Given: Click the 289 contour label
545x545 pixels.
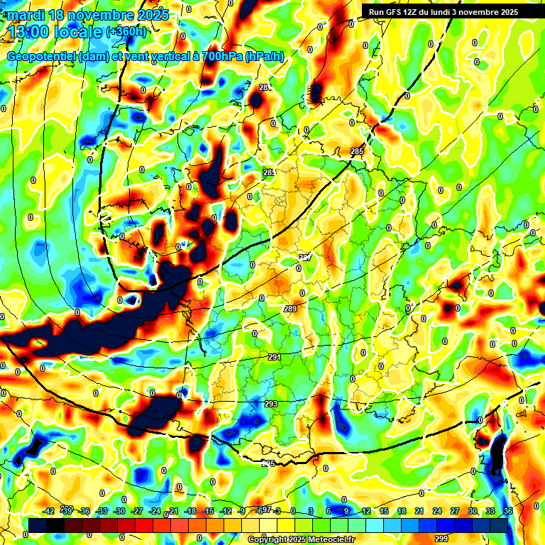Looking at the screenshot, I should point(290,309).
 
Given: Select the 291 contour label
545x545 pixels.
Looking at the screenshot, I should point(275,357).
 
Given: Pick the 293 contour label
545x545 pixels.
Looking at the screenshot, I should point(271,404).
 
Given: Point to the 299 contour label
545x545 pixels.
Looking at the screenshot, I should point(441,539).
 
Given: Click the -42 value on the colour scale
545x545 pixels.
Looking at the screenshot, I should point(49,511).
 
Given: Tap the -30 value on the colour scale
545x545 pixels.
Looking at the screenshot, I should point(119,511).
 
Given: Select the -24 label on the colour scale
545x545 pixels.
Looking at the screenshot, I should point(155,511).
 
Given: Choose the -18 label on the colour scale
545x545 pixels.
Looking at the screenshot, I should point(189,511).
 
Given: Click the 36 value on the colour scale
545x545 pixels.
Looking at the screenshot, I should point(507,511).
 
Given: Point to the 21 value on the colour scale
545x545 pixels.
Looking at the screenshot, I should point(419,511).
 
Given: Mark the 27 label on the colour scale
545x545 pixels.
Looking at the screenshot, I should point(454,511).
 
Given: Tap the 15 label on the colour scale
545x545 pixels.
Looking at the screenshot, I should point(383,511).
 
